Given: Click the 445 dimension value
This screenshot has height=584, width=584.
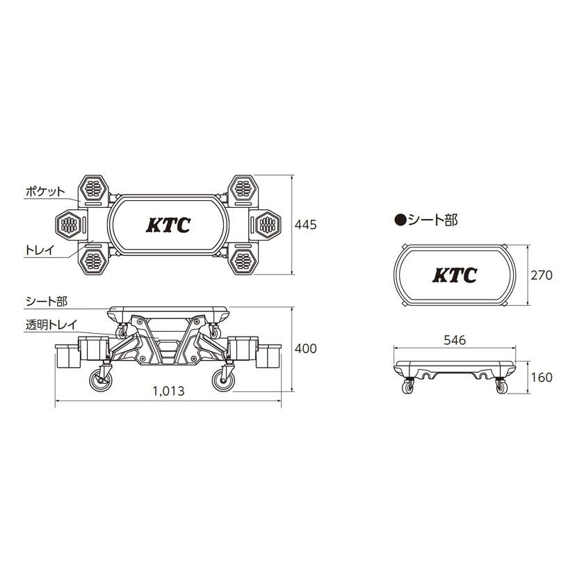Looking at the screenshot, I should (305, 225).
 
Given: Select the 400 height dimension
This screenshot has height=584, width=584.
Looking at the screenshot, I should (305, 348).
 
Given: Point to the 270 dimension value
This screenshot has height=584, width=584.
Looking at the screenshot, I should (542, 275).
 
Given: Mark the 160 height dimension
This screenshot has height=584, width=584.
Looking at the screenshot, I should (542, 378).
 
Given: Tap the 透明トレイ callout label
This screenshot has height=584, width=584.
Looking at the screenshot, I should (50, 323).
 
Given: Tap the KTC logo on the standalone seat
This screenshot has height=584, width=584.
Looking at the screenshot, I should (455, 275).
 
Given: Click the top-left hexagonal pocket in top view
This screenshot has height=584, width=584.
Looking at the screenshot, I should (95, 188).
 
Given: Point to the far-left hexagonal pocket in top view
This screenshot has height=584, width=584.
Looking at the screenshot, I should (68, 224).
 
